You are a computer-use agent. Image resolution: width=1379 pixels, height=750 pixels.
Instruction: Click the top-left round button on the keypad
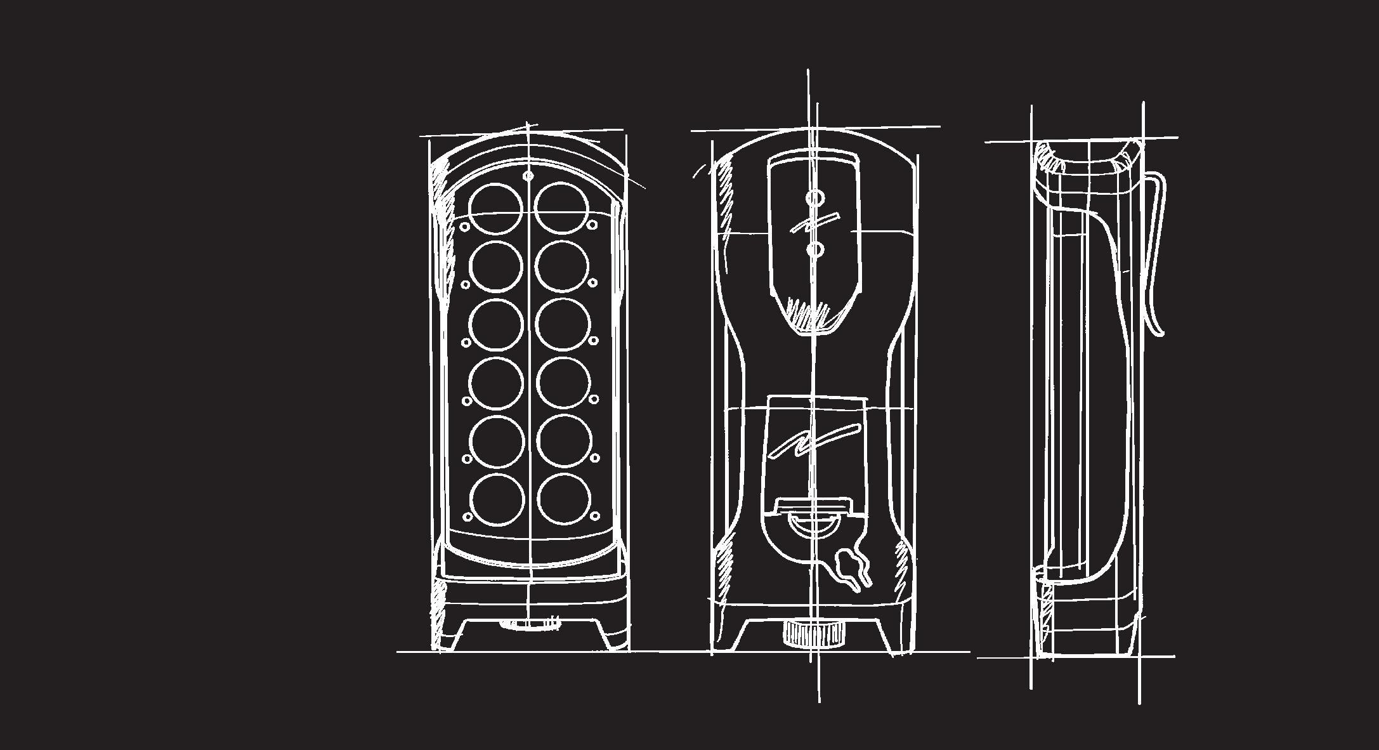click(x=496, y=209)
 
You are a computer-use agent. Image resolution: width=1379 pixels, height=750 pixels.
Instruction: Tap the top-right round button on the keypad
click(x=561, y=209)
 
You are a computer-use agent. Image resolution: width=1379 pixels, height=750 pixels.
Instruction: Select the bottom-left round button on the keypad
click(x=498, y=500)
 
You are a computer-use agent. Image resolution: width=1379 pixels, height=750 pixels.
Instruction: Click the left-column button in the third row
click(x=497, y=325)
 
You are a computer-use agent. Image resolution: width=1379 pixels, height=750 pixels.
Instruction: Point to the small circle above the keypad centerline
click(x=529, y=176)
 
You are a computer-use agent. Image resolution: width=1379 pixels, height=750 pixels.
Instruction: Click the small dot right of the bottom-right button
click(x=596, y=516)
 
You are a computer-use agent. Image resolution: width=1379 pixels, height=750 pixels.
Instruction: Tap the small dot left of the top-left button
click(x=464, y=227)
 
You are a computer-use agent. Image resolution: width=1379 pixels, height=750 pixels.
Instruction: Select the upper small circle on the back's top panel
click(x=814, y=198)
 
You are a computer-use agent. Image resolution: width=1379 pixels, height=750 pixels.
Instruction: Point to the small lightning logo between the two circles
click(x=814, y=223)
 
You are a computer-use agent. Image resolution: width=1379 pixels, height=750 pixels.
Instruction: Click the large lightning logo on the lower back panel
click(x=814, y=440)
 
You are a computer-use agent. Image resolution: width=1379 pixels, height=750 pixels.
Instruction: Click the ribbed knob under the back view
click(x=814, y=633)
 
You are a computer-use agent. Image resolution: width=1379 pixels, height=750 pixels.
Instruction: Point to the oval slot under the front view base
click(x=530, y=624)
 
